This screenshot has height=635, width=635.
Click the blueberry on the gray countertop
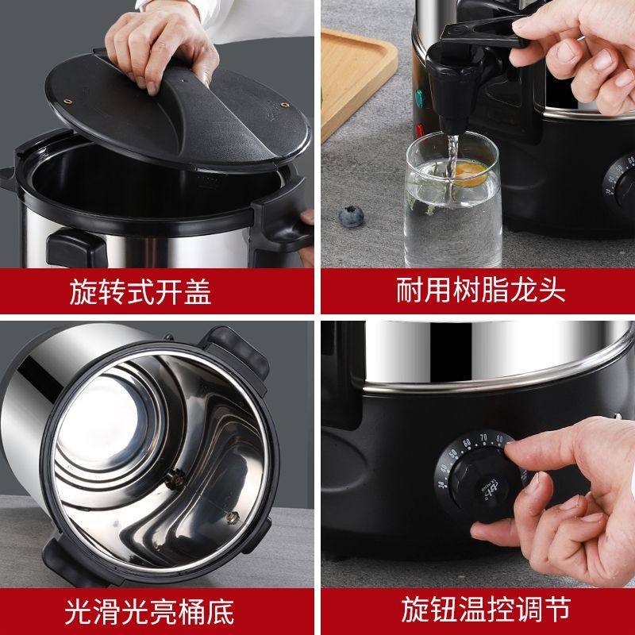coord(348,214)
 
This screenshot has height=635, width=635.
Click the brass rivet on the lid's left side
coord(68,102)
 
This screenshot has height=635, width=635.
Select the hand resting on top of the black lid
coord(159,40)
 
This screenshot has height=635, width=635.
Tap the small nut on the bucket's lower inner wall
coord(232,517)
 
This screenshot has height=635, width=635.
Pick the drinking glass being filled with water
coord(452,206)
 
